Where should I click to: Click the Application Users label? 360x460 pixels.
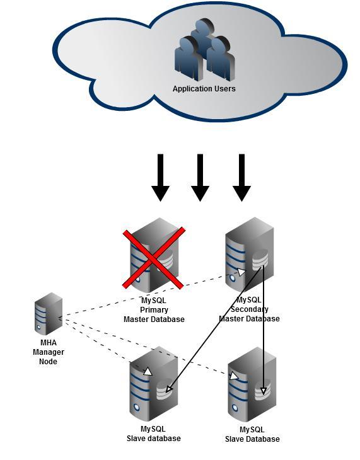coord(204,89)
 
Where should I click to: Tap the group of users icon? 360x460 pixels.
coord(205,50)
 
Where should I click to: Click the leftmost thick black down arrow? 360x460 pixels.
coord(160,178)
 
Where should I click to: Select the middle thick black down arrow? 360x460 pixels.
coord(200,178)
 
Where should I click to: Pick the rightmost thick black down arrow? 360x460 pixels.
coord(241,178)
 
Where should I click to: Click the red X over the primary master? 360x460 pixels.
coord(154,258)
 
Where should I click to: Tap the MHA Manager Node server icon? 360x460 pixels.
coord(49,314)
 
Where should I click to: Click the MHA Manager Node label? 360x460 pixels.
coord(49,352)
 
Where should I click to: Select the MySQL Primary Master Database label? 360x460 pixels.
coord(154,310)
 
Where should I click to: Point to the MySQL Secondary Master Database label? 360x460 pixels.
coord(249,309)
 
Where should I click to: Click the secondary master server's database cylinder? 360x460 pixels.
coord(260,260)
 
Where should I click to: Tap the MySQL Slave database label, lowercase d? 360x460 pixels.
coord(154,434)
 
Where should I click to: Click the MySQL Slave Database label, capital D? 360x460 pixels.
coord(252,434)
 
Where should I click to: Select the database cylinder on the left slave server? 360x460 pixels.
coord(164,389)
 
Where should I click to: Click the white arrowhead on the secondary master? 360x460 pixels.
coord(241,272)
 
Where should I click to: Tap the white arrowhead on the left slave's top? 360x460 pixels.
coord(148,372)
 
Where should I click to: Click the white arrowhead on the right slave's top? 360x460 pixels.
coord(234,376)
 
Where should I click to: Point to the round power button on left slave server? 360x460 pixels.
coord(136,407)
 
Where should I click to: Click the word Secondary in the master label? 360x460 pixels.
coord(249,309)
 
